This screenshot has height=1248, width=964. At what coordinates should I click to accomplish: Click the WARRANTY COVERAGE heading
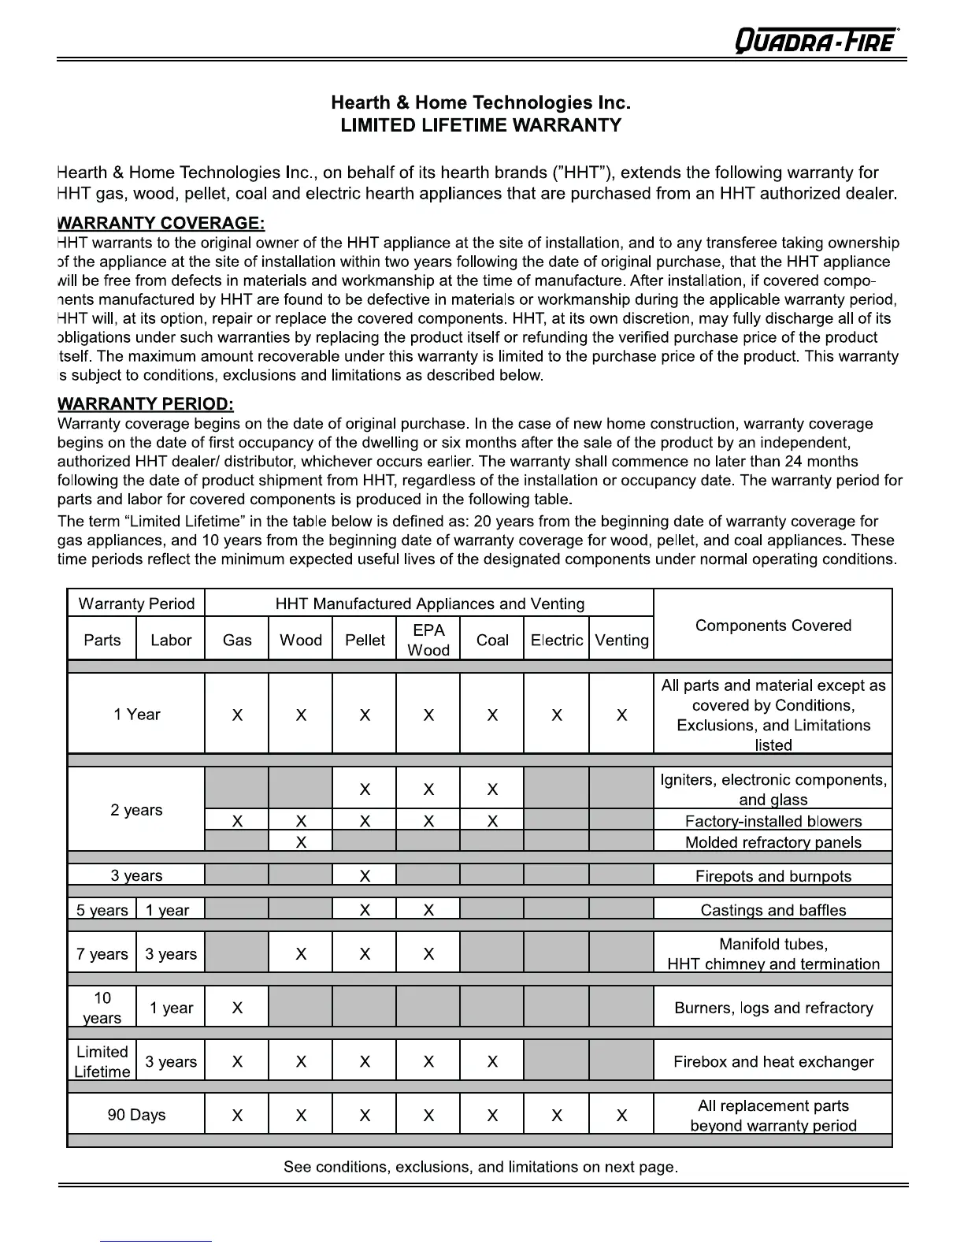tap(161, 224)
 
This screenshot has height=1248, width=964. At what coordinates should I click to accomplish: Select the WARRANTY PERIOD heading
tap(146, 404)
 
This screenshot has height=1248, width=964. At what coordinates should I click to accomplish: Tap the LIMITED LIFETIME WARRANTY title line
tap(480, 125)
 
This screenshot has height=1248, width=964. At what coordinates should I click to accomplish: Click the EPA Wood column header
tap(428, 640)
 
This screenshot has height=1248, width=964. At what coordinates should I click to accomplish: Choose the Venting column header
tap(621, 640)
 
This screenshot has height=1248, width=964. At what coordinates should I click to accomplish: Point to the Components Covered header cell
tap(773, 626)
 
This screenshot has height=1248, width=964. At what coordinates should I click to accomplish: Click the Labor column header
tap(171, 640)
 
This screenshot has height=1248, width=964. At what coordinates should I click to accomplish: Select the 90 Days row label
tap(136, 1115)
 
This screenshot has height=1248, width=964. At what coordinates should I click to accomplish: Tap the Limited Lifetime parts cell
tap(102, 1061)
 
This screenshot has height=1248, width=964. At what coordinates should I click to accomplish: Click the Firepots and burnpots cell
tap(773, 876)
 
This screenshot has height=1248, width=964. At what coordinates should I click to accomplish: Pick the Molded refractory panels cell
tap(773, 842)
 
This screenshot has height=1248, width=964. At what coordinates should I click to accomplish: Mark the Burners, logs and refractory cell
tap(773, 1008)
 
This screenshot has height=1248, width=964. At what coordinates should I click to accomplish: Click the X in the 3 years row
tap(365, 876)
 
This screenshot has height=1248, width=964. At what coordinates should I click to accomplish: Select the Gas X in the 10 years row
tap(237, 1008)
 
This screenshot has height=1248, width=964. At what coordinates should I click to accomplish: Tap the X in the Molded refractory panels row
tap(301, 842)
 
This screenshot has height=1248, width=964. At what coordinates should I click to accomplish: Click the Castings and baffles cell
tap(773, 910)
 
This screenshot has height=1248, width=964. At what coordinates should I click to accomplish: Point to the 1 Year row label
tap(136, 715)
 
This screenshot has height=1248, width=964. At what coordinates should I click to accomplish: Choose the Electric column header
tap(556, 640)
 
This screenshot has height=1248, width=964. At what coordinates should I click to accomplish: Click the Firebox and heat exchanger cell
tap(773, 1061)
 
